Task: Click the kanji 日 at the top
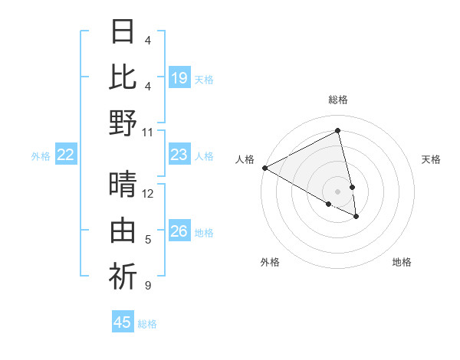[123, 32]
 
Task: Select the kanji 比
[123, 77]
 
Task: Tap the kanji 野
[123, 123]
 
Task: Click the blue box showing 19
[179, 78]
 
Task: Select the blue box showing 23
[179, 155]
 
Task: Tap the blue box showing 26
[179, 231]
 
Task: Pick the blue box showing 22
[66, 155]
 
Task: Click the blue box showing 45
[123, 322]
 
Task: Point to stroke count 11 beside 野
[148, 132]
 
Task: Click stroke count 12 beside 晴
[148, 194]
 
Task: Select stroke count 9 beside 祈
[148, 286]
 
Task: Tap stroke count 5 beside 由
[148, 241]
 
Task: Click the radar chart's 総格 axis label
[338, 100]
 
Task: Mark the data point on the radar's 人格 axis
[264, 168]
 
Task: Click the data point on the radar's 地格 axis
[356, 217]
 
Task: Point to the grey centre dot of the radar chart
[338, 191]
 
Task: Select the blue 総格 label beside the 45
[147, 324]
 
